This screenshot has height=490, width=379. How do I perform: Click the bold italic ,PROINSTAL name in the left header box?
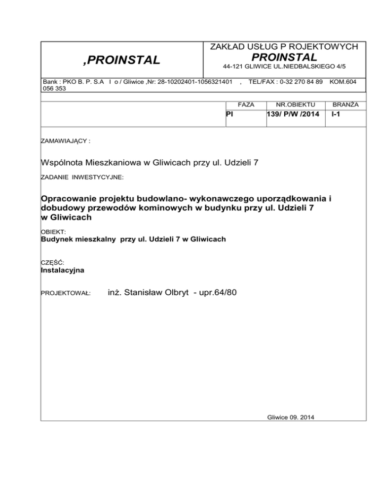pos(121,60)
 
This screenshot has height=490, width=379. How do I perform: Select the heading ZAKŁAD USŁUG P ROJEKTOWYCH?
pos(284,47)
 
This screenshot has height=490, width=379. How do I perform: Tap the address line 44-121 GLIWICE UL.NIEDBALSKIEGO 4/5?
pos(284,66)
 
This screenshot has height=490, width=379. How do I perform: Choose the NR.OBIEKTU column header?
pos(290,105)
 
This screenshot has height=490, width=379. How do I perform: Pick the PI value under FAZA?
pos(229,114)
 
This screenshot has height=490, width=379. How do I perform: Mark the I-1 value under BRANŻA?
pos(336,114)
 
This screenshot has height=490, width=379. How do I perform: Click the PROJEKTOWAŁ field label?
pos(65,293)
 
